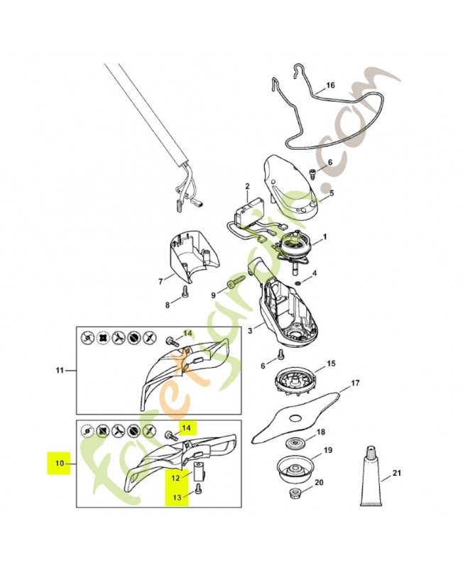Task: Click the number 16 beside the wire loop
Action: click(330, 85)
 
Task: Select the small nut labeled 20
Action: click(293, 493)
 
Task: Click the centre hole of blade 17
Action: click(295, 418)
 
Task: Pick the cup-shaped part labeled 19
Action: click(294, 469)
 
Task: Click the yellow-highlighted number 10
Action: click(60, 463)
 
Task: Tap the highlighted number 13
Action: click(177, 498)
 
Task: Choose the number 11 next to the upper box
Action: click(60, 370)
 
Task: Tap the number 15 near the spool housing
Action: click(331, 364)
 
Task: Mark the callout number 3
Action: click(250, 331)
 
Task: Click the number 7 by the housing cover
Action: click(161, 280)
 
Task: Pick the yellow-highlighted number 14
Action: click(186, 427)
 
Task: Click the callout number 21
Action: click(397, 473)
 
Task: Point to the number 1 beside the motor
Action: click(325, 237)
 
